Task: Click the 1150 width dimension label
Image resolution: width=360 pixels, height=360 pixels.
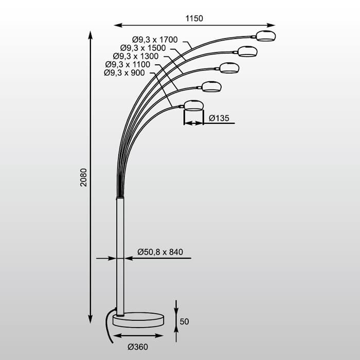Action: point(194,19)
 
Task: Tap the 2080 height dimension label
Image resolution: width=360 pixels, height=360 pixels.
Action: point(83,177)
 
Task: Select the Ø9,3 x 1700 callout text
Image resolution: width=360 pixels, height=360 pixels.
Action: point(155,40)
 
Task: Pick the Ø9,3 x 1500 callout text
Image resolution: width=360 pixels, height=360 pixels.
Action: point(143,48)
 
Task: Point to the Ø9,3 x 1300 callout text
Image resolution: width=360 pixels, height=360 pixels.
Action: point(136,56)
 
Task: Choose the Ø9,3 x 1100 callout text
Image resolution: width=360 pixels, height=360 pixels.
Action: point(128,64)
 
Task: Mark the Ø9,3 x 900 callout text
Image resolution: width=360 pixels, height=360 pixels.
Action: point(124,73)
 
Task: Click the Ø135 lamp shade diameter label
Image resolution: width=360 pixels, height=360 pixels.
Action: point(219,118)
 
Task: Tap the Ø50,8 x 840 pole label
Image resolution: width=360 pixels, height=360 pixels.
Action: point(160,252)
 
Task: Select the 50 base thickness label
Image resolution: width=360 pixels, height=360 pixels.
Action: point(184,321)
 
